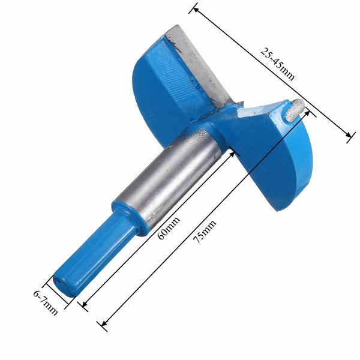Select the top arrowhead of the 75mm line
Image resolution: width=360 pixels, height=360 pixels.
click(308, 113)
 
